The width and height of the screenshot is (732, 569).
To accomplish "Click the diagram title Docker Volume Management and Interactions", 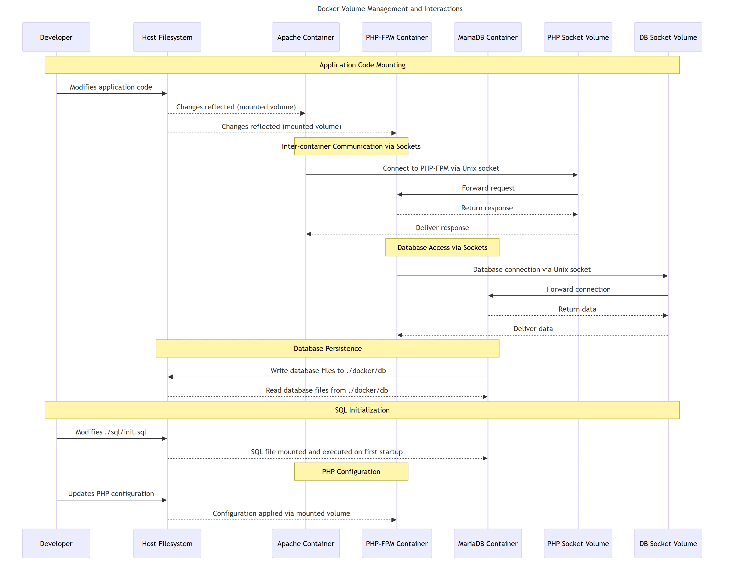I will coord(390,9).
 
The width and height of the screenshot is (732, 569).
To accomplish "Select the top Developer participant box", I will coord(56,37).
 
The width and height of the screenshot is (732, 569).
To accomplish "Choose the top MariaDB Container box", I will coord(487,37).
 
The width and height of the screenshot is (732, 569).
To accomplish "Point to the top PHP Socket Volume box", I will coord(577,37).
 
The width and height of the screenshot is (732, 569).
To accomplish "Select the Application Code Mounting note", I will coord(362,65).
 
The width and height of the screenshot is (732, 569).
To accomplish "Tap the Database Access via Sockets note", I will coord(442,247).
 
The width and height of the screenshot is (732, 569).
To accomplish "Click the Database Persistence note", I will coord(327,348).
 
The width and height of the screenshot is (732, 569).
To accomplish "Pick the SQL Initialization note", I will coord(362,410).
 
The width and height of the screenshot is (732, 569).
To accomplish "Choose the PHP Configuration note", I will coord(351,472).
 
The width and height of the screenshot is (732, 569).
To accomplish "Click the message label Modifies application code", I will coord(111,87).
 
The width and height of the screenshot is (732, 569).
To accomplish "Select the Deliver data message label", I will coord(533,329).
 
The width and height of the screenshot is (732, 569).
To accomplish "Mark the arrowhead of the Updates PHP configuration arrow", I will coord(164,500).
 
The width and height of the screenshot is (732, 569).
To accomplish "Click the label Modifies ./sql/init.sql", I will coord(111,432).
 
